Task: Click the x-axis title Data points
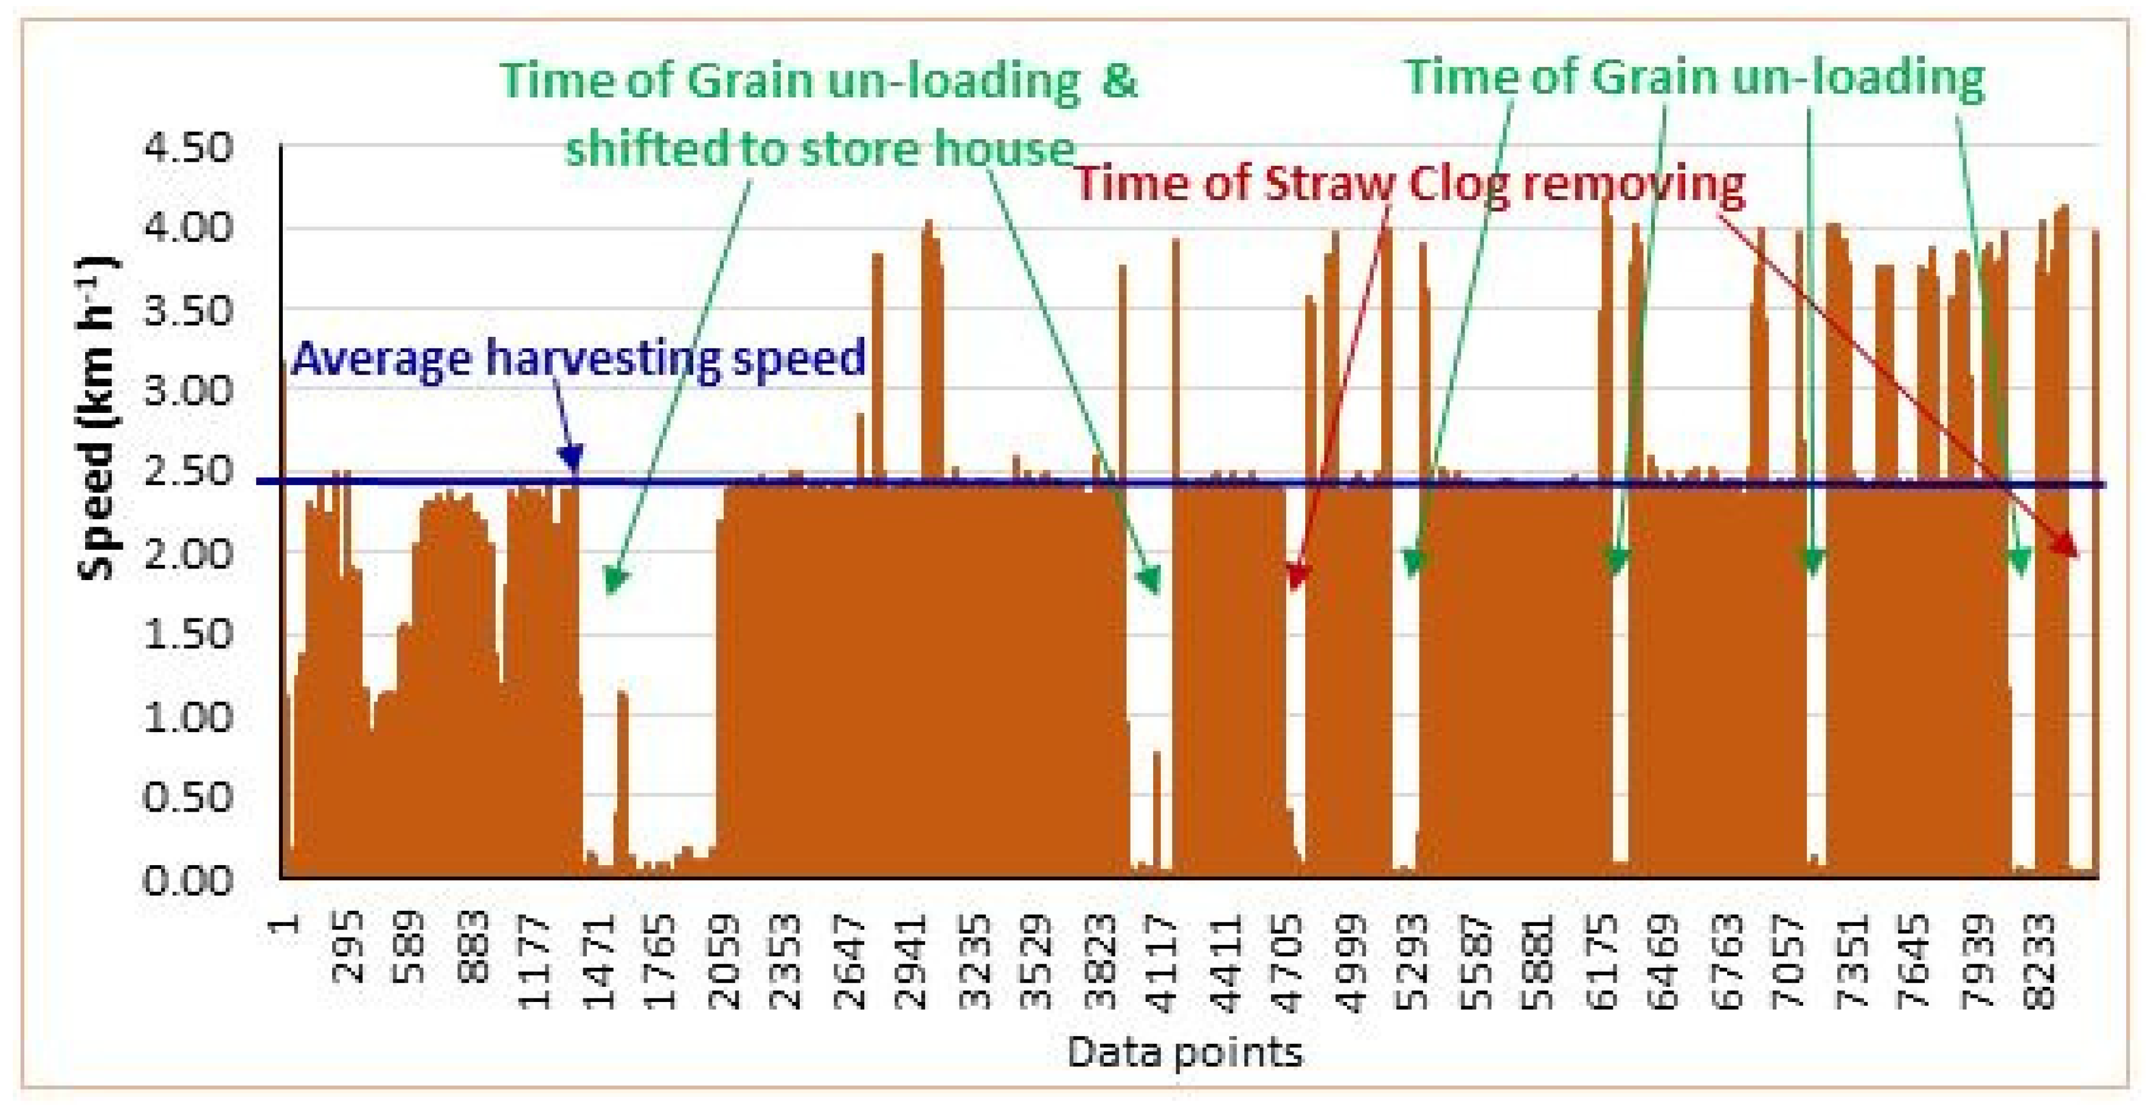(1184, 1052)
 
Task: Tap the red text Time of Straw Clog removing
(1409, 184)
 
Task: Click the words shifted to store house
(820, 150)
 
